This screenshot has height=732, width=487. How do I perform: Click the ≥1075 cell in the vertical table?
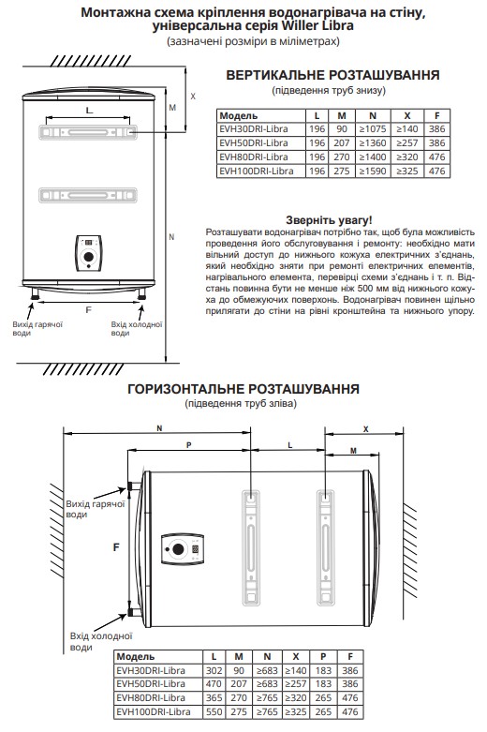tap(373, 129)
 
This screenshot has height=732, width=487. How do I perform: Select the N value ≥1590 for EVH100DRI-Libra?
tap(373, 171)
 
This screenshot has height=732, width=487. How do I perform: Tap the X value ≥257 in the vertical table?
tap(407, 142)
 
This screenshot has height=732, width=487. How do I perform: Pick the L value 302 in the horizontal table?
tap(214, 670)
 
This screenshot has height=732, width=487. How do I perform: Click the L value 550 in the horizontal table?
tap(214, 712)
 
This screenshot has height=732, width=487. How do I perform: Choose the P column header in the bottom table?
tap(323, 656)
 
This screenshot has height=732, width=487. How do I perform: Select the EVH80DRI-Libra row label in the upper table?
tap(254, 157)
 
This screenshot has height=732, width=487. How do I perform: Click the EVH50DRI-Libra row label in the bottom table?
tap(151, 684)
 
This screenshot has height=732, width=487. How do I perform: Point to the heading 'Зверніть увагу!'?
tap(329, 220)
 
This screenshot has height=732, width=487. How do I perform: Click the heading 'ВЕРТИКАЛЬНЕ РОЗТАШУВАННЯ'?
tap(332, 75)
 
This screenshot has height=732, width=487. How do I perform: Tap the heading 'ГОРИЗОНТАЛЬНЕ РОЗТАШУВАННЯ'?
tap(243, 389)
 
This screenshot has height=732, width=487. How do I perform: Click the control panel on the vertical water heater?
tap(89, 253)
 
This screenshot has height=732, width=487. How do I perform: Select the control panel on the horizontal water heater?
tap(181, 548)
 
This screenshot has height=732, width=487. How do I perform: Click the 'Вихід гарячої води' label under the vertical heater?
tap(37, 329)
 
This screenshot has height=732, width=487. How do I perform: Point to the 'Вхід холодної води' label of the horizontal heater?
tap(101, 641)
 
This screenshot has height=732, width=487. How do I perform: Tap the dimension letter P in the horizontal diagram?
tap(189, 445)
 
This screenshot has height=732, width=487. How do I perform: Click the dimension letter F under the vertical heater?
tap(89, 310)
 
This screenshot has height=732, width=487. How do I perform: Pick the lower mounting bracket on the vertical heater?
tap(88, 195)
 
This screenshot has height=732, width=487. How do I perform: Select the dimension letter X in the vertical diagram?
tap(193, 97)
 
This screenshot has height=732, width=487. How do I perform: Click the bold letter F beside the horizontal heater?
tap(117, 547)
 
